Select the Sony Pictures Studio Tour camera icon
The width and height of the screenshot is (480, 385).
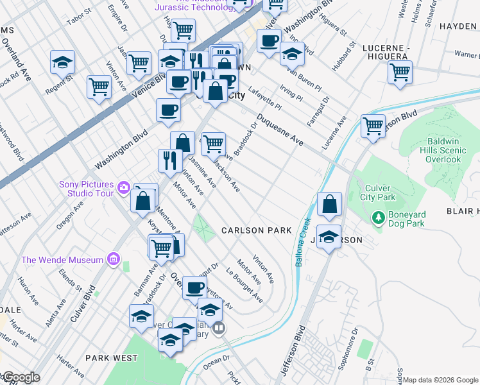[x=123, y=189]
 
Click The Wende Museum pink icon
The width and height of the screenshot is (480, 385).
[x=114, y=259]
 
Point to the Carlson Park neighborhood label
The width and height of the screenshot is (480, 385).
[x=256, y=230]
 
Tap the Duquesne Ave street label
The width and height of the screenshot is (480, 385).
[x=280, y=129]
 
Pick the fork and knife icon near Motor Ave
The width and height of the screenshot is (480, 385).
[x=170, y=159]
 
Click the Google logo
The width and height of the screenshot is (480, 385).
[x=21, y=377]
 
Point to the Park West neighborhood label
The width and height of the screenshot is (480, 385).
[x=111, y=357]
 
